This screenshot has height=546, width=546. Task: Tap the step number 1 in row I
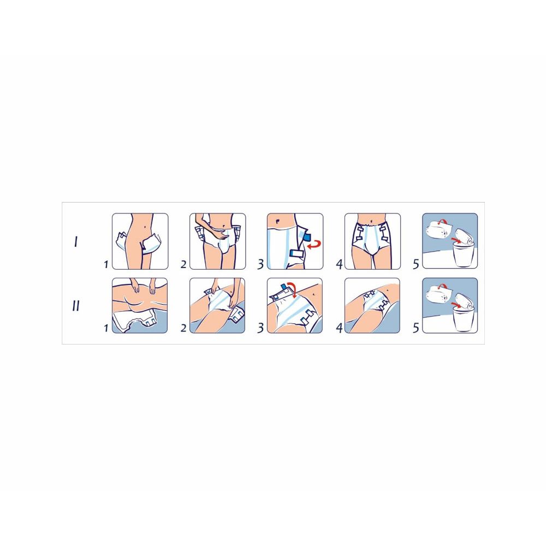click(x=105, y=264)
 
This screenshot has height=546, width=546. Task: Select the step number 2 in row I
click(x=183, y=264)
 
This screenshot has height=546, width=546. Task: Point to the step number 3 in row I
click(x=261, y=264)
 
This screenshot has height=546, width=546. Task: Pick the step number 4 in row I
click(x=339, y=264)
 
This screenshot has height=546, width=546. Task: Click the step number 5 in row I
click(x=416, y=264)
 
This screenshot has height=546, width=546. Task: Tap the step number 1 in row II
click(x=105, y=329)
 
